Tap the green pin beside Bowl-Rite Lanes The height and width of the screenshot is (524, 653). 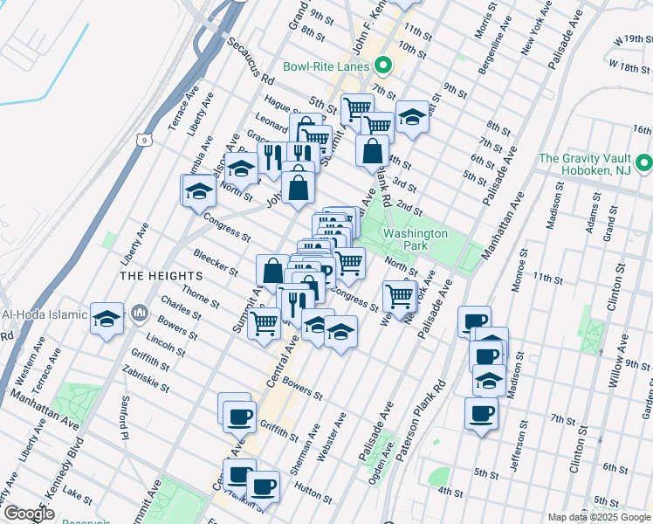pyautogui.click(x=382, y=65)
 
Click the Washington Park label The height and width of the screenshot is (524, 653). pyautogui.click(x=416, y=240)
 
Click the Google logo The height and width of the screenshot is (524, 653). pyautogui.click(x=29, y=514)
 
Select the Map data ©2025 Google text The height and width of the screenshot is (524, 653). pyautogui.click(x=599, y=517)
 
